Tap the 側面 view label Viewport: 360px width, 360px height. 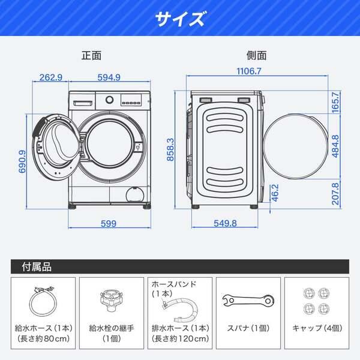tap(256, 55)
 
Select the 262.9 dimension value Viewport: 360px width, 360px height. tap(51, 77)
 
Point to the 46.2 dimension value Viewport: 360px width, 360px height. tap(275, 194)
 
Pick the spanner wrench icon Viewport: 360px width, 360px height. tap(247, 300)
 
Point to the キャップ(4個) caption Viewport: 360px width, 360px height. tap(316, 329)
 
